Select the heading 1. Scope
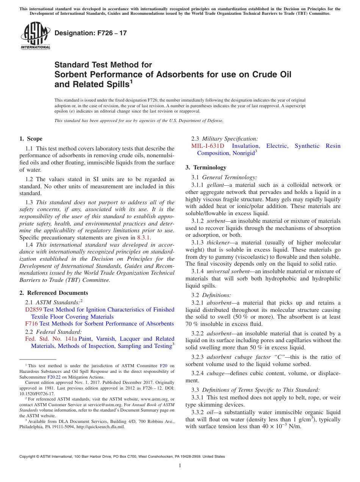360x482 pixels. click(31, 139)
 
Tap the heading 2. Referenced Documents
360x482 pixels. click(54, 293)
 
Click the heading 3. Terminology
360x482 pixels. click(206, 167)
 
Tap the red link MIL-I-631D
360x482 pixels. click(208, 146)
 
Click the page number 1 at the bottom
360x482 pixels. click(180, 466)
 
